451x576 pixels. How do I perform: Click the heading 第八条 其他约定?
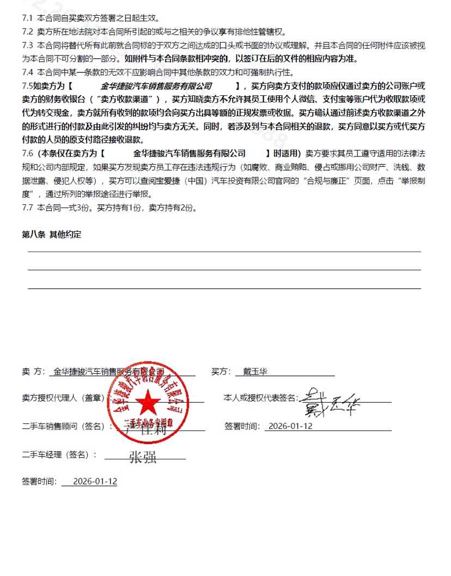[x=51, y=234]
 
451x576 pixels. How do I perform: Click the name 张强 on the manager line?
[x=143, y=457]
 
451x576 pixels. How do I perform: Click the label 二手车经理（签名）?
[x=59, y=454]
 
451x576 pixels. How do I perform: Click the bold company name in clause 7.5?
[x=156, y=86]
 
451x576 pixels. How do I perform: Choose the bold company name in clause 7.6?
[x=189, y=154]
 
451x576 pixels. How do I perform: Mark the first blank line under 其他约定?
[x=224, y=251]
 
